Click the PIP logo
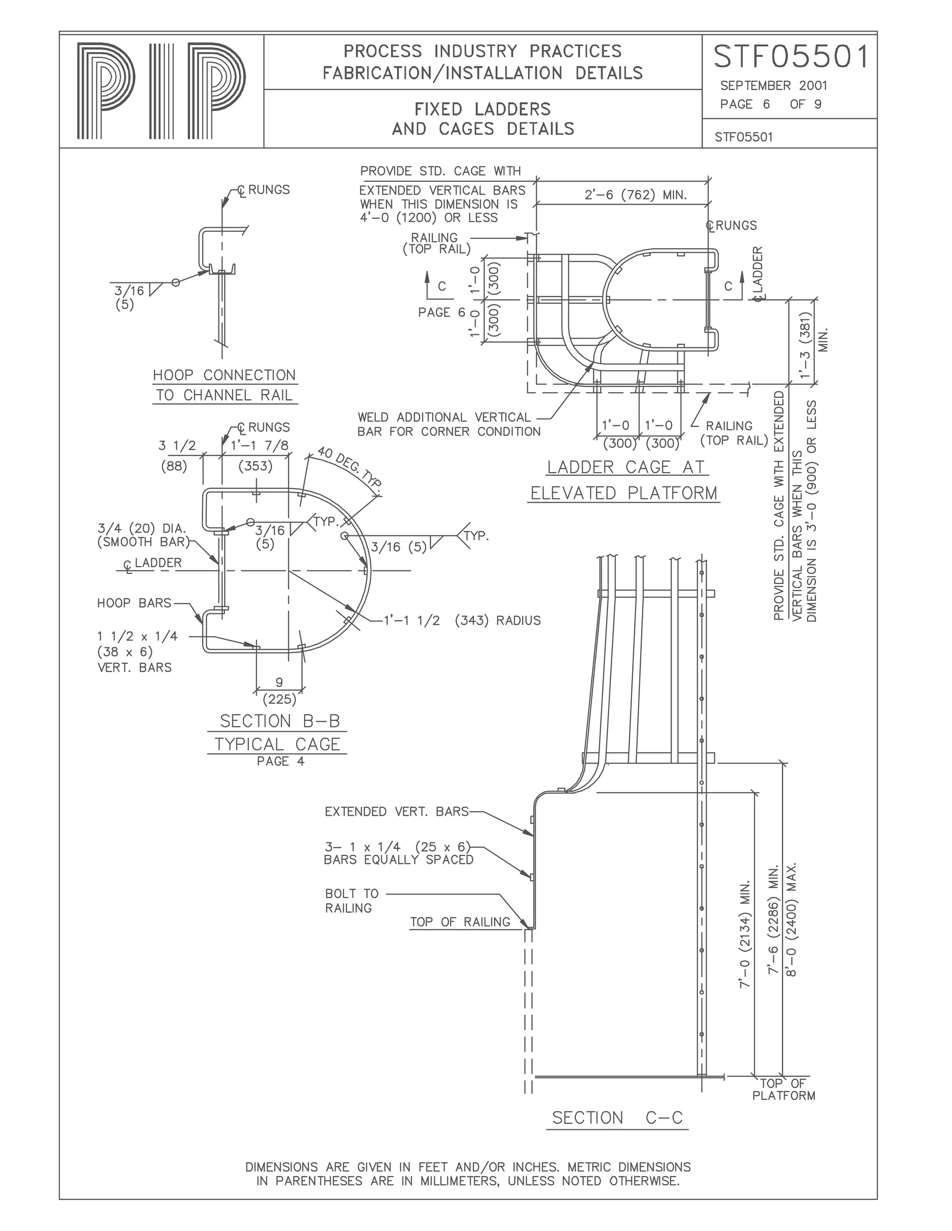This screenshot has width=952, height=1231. (161, 92)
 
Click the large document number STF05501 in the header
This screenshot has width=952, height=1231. (791, 58)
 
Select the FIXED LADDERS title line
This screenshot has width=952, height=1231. (483, 109)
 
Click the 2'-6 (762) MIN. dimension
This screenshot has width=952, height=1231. (635, 196)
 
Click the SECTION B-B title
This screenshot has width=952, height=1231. (280, 721)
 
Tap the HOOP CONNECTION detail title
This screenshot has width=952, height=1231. (225, 375)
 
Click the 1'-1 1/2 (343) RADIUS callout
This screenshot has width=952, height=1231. (461, 621)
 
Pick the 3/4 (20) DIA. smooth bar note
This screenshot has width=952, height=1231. (142, 535)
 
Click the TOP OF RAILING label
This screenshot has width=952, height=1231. (460, 922)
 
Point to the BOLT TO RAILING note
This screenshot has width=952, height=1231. (352, 901)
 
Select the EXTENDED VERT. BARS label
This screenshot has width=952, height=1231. (397, 812)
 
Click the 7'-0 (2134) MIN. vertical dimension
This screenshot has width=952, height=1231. (745, 933)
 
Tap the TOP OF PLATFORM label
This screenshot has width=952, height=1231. (783, 1089)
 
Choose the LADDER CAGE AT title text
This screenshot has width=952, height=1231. (626, 467)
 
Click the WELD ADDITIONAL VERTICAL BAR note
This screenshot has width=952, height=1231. (449, 425)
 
